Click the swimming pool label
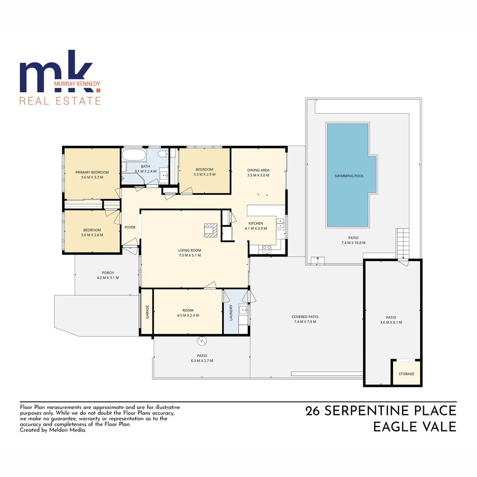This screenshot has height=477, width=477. tap(349, 176)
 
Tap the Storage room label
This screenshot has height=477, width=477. tap(406, 374)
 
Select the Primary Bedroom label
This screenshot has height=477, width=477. tap(92, 172)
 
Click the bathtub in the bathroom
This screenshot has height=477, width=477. tap(133, 155)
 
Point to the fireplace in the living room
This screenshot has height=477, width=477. tap(211, 230)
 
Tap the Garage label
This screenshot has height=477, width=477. tap(147, 312)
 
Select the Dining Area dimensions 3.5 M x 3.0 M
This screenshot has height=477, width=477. tap(258, 175)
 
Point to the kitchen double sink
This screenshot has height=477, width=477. tap(280, 223)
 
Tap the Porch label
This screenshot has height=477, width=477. tap(108, 273)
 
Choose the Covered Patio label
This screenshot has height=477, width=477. tap(305, 317)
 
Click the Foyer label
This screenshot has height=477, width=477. tap(130, 227)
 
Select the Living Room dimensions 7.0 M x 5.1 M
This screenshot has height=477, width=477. tap(189, 255)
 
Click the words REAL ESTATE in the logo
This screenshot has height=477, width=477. tap(60, 100)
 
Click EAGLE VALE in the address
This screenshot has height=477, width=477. tap(414, 428)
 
